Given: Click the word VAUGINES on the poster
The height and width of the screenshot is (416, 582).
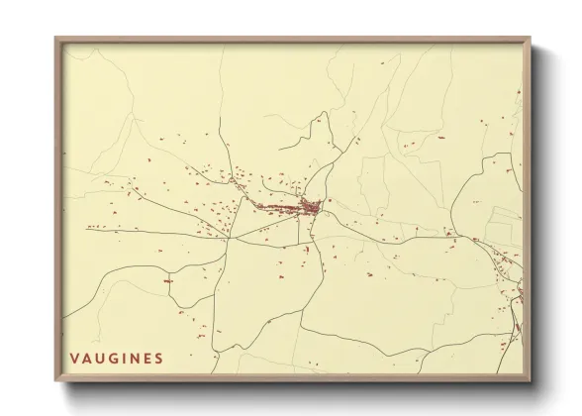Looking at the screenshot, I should (x=117, y=358).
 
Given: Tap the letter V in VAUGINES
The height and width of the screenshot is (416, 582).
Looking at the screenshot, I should (x=75, y=358).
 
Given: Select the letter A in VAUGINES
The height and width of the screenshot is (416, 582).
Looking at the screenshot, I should (x=87, y=358).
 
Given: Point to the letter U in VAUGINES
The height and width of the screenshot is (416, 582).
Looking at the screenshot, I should (x=100, y=358).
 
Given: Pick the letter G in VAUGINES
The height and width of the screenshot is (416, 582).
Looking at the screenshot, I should (x=113, y=358).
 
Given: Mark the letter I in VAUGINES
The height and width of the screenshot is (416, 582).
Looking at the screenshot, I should (x=123, y=358).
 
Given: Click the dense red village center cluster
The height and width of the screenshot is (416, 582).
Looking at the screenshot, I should (x=309, y=208).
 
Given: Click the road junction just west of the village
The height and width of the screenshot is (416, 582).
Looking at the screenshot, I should (x=230, y=238).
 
